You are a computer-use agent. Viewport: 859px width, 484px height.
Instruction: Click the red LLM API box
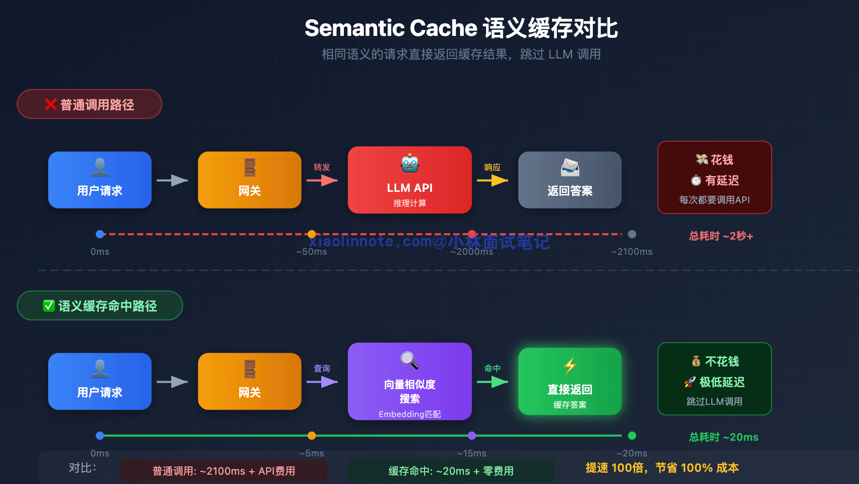[409, 180]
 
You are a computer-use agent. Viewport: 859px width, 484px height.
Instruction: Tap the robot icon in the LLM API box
[409, 163]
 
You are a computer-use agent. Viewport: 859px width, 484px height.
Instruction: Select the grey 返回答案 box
[570, 180]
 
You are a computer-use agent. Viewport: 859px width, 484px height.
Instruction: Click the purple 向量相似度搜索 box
[409, 381]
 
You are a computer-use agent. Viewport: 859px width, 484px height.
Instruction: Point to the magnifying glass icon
[409, 360]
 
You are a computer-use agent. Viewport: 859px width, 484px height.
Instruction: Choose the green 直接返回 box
[570, 381]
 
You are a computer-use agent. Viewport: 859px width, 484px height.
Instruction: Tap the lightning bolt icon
[570, 365]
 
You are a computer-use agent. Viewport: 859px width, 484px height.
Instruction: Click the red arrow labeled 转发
[322, 181]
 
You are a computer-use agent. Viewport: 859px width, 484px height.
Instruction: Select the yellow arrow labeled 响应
[492, 181]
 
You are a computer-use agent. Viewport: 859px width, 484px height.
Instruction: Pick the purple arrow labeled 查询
[322, 382]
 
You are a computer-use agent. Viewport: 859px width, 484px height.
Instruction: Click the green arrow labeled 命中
[492, 382]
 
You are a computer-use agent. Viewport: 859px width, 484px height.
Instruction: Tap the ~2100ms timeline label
[632, 252]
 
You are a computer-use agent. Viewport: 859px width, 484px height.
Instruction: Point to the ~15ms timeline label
[471, 453]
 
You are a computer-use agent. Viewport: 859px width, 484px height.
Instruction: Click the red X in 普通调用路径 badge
[51, 104]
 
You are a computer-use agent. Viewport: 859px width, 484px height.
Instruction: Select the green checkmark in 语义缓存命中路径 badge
[49, 306]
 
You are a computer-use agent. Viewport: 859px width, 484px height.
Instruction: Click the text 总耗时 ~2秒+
[721, 236]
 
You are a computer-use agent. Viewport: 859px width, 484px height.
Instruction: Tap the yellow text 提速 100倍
[615, 468]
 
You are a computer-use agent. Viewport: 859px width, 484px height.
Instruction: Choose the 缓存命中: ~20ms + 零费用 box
[451, 471]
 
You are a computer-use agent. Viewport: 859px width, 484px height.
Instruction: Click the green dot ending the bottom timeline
[632, 435]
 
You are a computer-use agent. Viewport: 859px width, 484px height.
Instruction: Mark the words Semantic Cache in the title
[391, 28]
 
